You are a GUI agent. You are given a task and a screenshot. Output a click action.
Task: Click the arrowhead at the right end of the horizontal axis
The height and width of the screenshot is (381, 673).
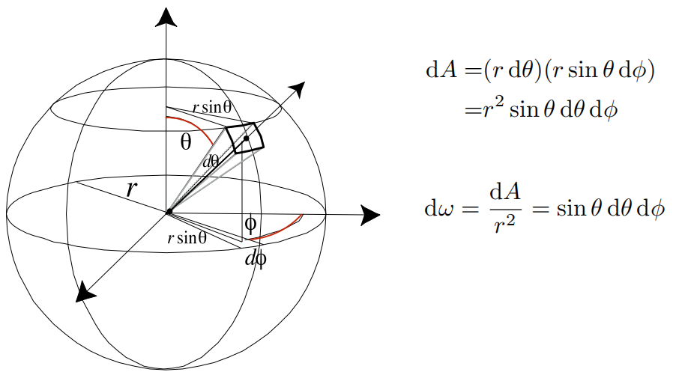coord(369,216)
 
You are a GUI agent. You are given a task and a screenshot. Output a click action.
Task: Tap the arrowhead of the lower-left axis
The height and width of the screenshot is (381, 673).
coord(85,293)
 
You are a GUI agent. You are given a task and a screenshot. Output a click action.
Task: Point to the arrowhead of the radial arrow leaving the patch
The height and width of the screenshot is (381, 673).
coord(298,88)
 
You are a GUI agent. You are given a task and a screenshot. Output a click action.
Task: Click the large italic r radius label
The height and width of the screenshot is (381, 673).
coord(131,189)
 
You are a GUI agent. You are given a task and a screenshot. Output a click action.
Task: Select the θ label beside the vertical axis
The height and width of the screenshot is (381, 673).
coord(186,142)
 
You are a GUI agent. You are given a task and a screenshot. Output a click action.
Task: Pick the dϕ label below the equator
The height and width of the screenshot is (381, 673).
coord(255,259)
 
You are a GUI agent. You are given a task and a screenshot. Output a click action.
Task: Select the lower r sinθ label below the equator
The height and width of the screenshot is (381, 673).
coord(187,238)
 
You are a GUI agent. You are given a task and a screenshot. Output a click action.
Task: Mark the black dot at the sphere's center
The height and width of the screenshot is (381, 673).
coord(168,212)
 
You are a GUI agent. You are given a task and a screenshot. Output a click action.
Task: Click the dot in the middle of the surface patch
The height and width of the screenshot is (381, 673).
coord(246,139)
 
